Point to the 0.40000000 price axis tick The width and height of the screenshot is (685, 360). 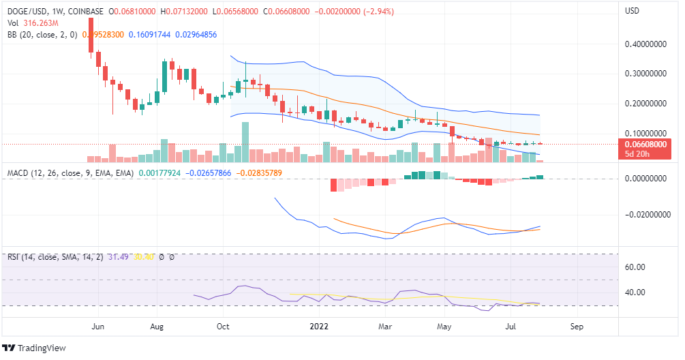click(645, 44)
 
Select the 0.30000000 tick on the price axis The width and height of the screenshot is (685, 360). click(645, 74)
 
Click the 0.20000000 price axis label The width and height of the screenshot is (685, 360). click(645, 104)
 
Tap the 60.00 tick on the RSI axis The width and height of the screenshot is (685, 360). click(636, 267)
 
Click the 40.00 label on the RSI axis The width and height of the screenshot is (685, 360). click(636, 292)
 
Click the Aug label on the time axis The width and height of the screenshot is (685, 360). click(157, 327)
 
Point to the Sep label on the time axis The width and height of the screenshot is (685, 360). click(577, 327)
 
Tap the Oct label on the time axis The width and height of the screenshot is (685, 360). click(222, 327)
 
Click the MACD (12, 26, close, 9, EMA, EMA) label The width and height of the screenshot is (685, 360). click(70, 173)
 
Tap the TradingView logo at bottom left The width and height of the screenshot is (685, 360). click(35, 348)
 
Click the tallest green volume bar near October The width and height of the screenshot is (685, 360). click(245, 142)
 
